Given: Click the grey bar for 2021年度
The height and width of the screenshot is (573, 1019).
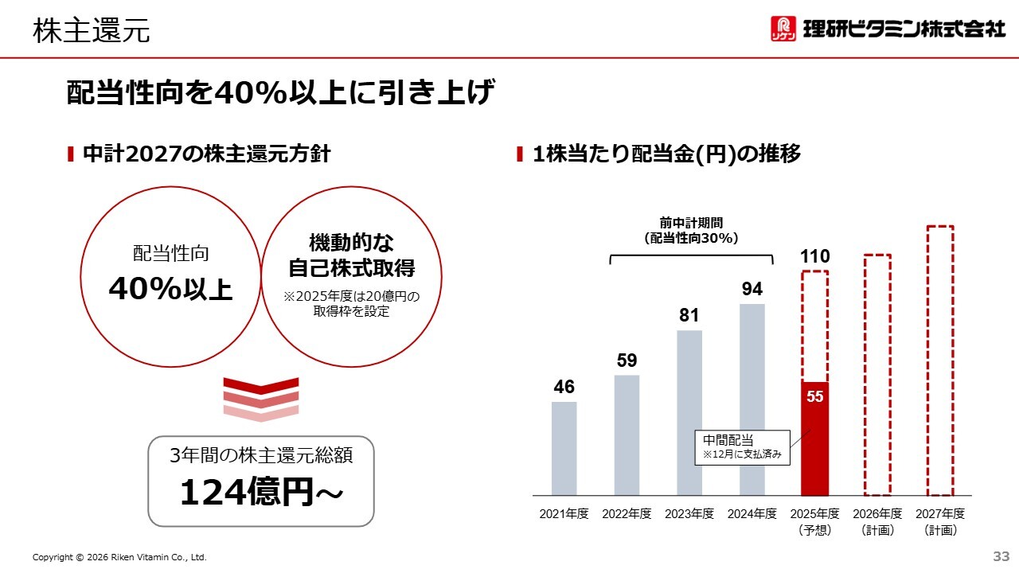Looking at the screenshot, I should (x=564, y=449).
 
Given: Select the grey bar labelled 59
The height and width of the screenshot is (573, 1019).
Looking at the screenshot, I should (x=627, y=435).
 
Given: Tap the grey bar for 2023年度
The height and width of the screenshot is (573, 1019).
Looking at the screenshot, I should (x=689, y=413).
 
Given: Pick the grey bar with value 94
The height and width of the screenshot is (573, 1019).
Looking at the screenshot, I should (x=752, y=400).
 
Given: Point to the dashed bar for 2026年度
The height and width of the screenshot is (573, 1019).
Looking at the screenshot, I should (x=877, y=375).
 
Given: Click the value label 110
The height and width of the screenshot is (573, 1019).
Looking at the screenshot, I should (x=814, y=256).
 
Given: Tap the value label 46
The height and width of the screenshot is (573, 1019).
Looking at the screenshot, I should (x=564, y=388).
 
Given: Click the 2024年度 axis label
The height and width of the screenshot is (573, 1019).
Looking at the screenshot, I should (x=752, y=514).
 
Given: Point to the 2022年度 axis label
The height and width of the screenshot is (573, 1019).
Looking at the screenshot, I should (x=627, y=514).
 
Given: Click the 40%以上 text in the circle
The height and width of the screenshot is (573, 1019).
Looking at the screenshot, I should (x=170, y=289).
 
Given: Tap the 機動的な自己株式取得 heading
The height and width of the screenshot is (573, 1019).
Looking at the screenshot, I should (x=351, y=255).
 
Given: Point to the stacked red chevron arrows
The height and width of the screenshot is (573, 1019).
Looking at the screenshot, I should (x=261, y=400).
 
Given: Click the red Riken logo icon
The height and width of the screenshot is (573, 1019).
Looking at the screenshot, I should (x=783, y=29).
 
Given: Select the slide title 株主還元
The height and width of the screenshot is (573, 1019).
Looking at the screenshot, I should (x=92, y=31).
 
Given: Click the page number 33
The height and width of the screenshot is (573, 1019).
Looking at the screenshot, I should (x=1001, y=555).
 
